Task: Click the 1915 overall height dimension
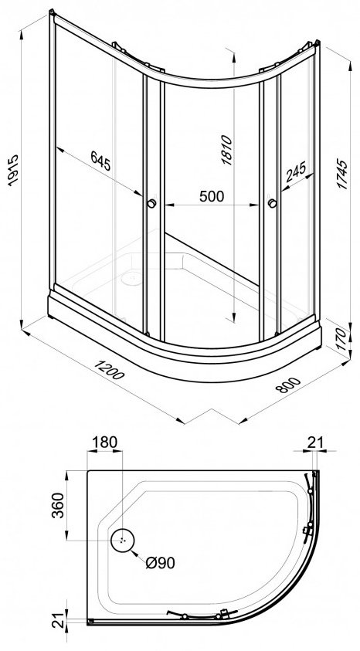pos(13,170)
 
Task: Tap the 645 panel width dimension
pos(100,161)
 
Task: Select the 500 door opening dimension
pos(212,196)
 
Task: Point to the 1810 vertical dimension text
pos(226,150)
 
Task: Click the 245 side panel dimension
pos(296,171)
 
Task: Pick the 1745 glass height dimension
pos(342,174)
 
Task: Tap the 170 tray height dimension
pos(341,340)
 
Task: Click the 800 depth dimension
pos(287,385)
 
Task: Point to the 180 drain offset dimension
pos(105,442)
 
